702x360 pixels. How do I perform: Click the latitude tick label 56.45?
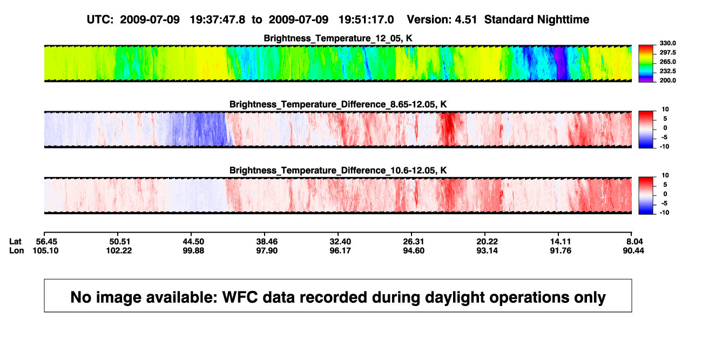46,242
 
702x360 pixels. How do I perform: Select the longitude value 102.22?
119,250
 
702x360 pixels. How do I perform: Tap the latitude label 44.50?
193,242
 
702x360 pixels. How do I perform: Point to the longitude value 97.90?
267,250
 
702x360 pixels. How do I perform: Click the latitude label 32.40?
340,242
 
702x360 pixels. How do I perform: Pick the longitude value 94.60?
414,250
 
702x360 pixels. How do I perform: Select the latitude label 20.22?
487,242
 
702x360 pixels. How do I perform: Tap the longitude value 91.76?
561,250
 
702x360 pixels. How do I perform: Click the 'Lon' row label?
17,250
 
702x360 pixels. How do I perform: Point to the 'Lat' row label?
15,242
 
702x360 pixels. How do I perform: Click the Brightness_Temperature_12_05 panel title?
338,38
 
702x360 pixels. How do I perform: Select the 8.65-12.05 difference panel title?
338,104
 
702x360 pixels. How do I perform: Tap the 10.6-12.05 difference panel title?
338,171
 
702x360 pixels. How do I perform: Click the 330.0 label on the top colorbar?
667,43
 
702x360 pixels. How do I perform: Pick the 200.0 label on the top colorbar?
667,80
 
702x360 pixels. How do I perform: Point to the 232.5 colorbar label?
667,71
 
